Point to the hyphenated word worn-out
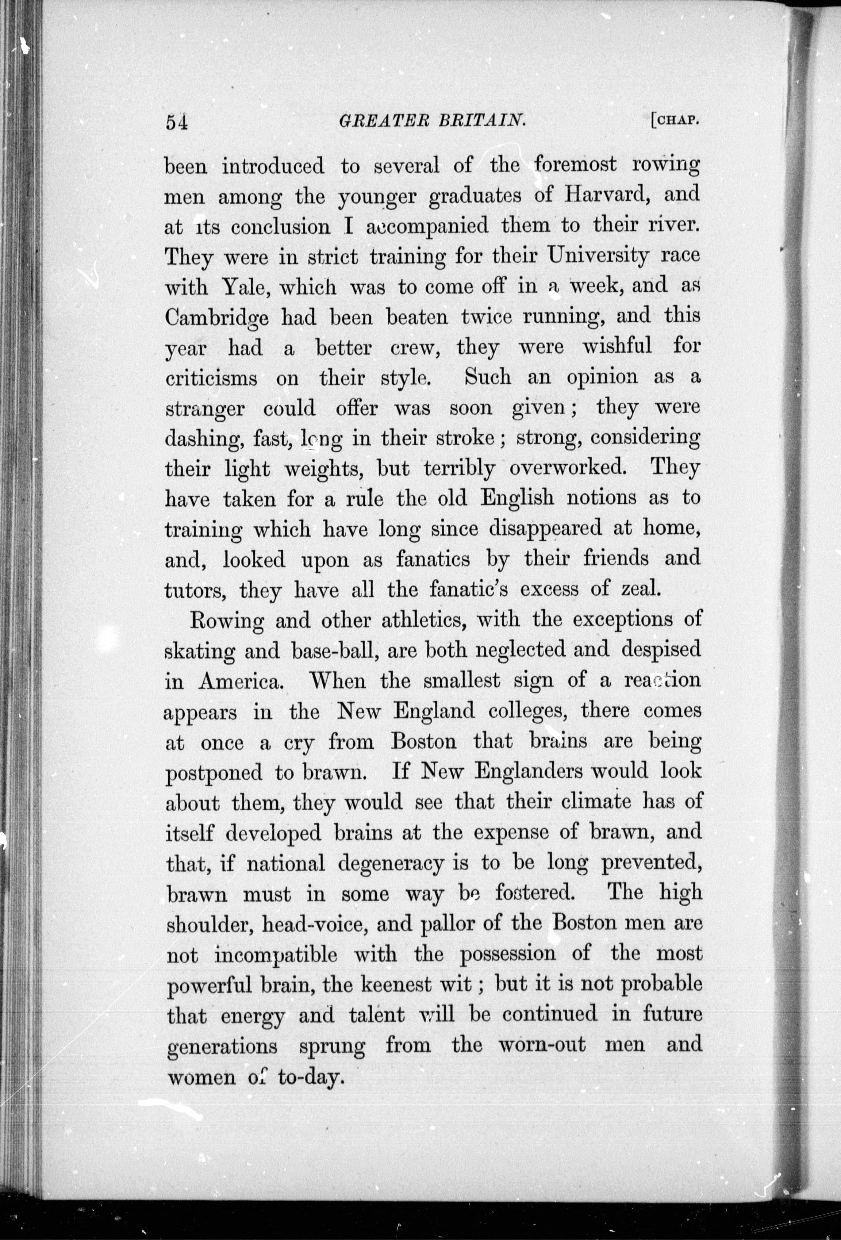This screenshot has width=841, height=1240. (542, 1044)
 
